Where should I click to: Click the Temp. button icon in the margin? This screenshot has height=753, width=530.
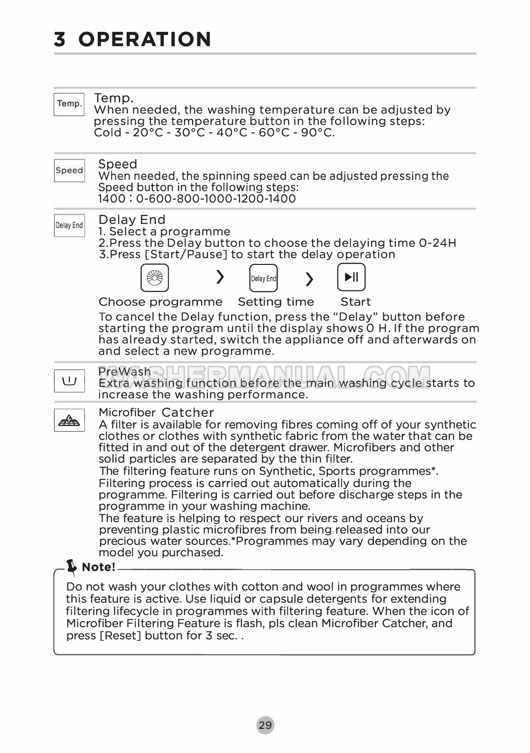point(69,104)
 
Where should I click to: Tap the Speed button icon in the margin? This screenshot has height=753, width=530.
point(69,170)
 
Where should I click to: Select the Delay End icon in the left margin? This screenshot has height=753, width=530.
point(69,226)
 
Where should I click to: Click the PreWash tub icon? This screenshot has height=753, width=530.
point(69,381)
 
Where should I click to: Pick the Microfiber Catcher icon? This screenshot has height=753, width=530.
point(69,420)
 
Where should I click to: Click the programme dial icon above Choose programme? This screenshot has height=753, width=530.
point(155,278)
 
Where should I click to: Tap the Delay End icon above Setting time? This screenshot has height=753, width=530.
point(263,278)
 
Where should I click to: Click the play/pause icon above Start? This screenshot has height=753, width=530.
point(351,277)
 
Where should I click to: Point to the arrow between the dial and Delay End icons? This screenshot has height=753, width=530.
point(220,277)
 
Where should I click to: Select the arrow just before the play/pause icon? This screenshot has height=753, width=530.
point(309,279)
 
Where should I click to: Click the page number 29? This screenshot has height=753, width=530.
point(266,725)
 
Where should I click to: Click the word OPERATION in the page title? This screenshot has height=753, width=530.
point(145,39)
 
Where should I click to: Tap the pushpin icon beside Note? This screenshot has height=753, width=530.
point(72,566)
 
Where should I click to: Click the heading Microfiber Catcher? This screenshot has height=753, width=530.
point(156,413)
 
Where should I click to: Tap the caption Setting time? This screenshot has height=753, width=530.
point(276,302)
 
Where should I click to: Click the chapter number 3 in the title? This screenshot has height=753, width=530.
point(60,39)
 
